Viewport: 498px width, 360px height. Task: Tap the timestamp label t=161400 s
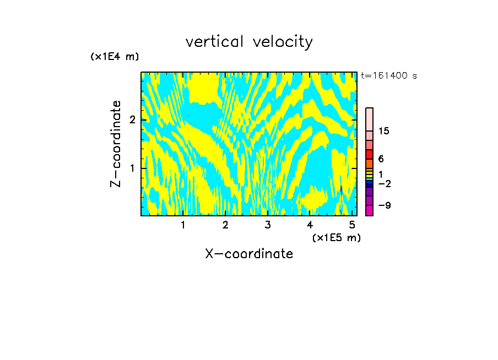pyautogui.click(x=389, y=75)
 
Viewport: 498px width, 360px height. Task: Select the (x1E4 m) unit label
pyautogui.click(x=115, y=57)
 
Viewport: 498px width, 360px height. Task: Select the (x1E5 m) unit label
pyautogui.click(x=336, y=237)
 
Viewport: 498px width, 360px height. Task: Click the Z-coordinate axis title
pyautogui.click(x=116, y=144)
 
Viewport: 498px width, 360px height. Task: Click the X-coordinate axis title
pyautogui.click(x=249, y=254)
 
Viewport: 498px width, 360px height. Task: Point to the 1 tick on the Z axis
pyautogui.click(x=132, y=168)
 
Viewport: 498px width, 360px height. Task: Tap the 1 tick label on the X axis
pyautogui.click(x=183, y=225)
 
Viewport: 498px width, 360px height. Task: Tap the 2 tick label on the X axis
pyautogui.click(x=225, y=225)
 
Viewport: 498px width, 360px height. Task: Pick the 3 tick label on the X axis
pyautogui.click(x=268, y=225)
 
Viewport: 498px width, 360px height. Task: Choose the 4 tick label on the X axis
pyautogui.click(x=310, y=225)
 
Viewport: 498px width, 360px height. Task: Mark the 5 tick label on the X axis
pyautogui.click(x=352, y=225)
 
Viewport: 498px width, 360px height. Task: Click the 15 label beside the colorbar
pyautogui.click(x=384, y=131)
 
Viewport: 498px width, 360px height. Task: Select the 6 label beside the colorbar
pyautogui.click(x=381, y=159)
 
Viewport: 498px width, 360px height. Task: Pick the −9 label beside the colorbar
pyautogui.click(x=384, y=205)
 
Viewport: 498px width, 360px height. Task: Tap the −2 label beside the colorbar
pyautogui.click(x=384, y=183)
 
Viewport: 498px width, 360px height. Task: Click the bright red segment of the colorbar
pyautogui.click(x=370, y=154)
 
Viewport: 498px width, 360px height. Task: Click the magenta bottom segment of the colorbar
pyautogui.click(x=370, y=210)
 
